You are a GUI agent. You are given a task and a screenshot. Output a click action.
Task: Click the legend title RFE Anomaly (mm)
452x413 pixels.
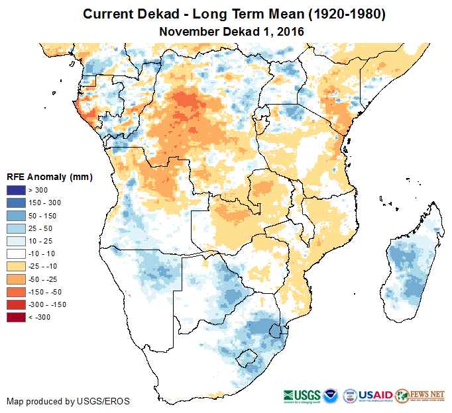[50, 177]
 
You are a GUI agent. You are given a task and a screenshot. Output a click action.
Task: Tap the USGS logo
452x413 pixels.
[302, 395]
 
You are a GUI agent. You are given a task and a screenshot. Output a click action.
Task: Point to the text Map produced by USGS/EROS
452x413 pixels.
[68, 401]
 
